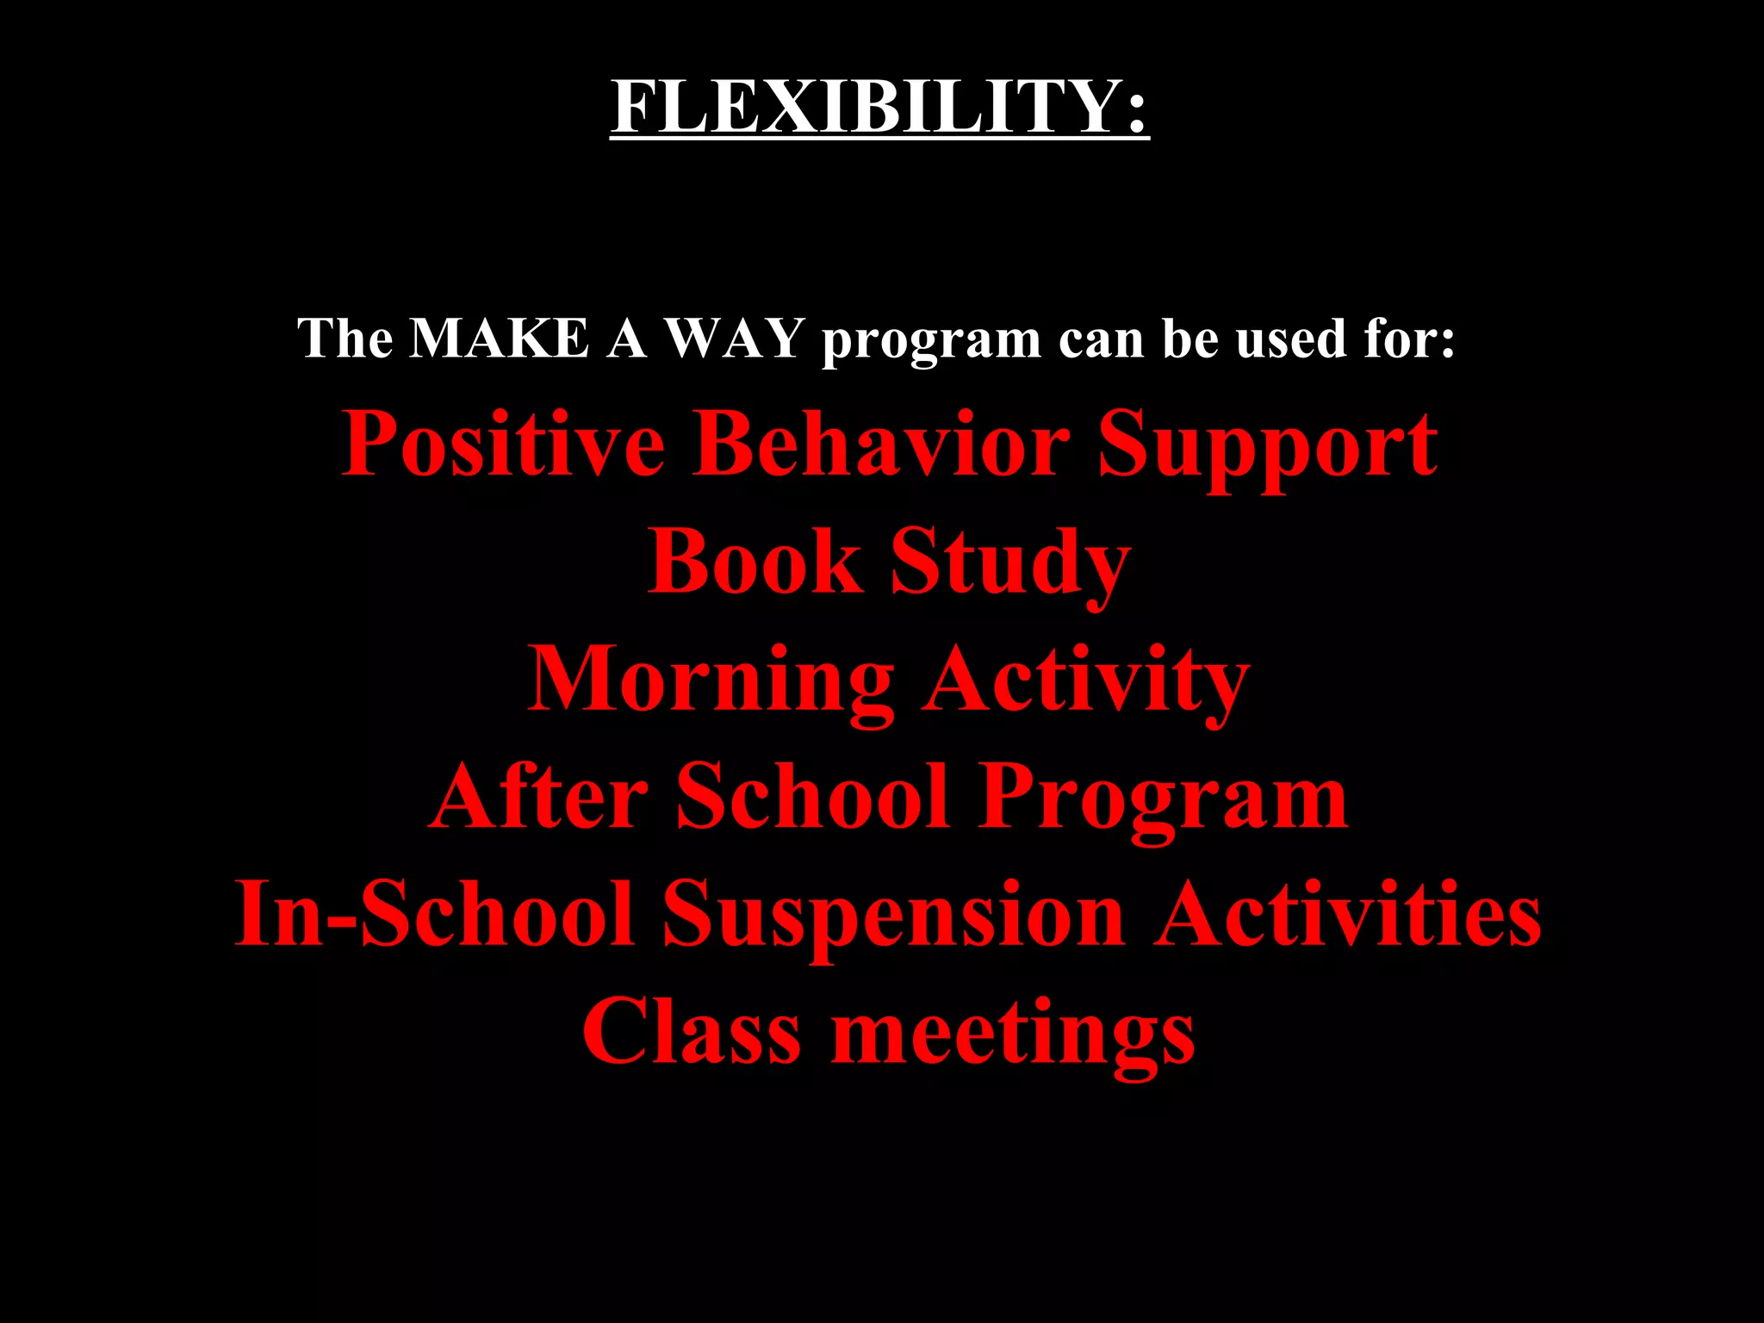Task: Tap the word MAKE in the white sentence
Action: (x=499, y=338)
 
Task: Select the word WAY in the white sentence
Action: (x=735, y=338)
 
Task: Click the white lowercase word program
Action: (x=930, y=341)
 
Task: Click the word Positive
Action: (x=503, y=444)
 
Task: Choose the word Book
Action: (x=755, y=562)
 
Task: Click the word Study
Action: (x=1009, y=565)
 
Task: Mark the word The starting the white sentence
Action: (x=345, y=338)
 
